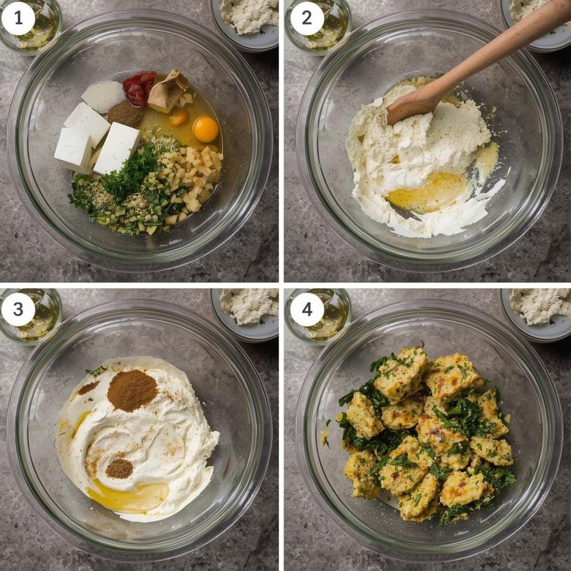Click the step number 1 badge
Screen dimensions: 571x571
(x=18, y=18)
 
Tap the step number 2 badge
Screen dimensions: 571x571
(x=306, y=18)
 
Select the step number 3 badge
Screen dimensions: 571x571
(x=18, y=309)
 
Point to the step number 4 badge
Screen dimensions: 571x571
(x=306, y=309)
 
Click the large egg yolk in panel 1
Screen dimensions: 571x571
(x=206, y=129)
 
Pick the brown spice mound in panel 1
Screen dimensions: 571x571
(x=125, y=113)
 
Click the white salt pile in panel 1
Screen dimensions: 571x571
(x=104, y=97)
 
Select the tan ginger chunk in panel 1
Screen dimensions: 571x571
(x=167, y=92)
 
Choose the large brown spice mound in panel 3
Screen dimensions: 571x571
(x=132, y=390)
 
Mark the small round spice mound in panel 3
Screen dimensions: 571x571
(x=119, y=468)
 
